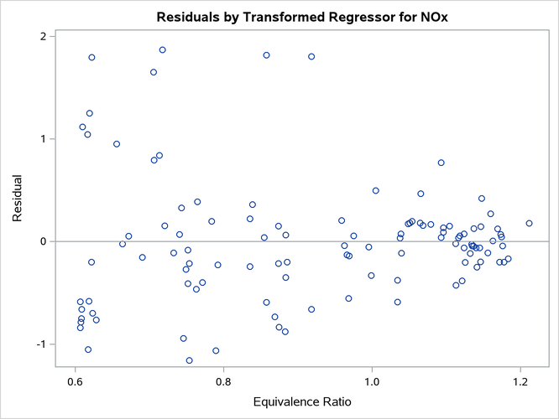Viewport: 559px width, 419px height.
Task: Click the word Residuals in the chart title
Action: click(186, 17)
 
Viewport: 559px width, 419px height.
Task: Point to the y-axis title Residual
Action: click(18, 199)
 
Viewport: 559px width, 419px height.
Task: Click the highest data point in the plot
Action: click(162, 50)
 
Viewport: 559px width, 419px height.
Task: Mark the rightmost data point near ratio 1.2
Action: click(529, 223)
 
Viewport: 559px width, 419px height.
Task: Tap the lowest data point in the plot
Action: click(190, 360)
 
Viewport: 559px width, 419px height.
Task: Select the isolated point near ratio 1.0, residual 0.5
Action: click(375, 191)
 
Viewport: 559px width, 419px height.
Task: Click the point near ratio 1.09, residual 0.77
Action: click(441, 163)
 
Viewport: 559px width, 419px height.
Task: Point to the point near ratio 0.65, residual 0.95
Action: click(117, 144)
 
